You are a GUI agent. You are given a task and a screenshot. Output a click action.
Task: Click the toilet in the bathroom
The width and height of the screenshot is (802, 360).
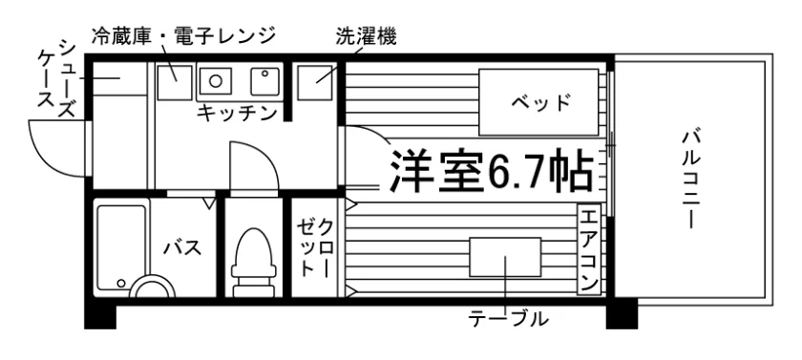click(254, 263)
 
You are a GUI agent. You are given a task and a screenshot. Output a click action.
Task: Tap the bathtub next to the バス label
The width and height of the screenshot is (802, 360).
click(121, 248)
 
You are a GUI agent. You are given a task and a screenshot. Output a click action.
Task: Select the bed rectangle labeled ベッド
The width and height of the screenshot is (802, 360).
click(538, 102)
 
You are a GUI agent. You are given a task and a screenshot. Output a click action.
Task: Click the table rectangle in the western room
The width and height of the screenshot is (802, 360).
click(505, 257)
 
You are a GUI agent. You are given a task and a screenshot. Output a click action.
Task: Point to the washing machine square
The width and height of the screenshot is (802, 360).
click(317, 82)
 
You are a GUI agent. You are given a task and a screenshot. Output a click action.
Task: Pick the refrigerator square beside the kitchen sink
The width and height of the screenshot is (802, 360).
click(175, 82)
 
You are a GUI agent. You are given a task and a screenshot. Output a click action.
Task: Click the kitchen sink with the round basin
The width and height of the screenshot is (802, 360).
click(216, 81)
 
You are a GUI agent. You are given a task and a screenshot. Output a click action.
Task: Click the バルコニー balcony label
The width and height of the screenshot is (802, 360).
click(689, 180)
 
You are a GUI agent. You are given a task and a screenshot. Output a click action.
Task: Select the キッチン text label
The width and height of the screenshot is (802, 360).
click(237, 114)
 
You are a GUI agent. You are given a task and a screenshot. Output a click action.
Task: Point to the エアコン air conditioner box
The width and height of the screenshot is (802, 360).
click(589, 249)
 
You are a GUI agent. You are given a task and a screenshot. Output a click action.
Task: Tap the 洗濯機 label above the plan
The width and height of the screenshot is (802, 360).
click(367, 36)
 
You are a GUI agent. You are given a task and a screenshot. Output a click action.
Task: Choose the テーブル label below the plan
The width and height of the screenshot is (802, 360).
click(508, 320)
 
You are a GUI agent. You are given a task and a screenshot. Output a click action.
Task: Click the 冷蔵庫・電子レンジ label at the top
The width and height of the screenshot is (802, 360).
click(183, 36)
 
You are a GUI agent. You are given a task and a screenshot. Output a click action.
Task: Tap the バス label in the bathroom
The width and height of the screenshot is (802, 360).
click(182, 248)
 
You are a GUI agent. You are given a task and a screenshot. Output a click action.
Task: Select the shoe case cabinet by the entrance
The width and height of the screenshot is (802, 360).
click(119, 78)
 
